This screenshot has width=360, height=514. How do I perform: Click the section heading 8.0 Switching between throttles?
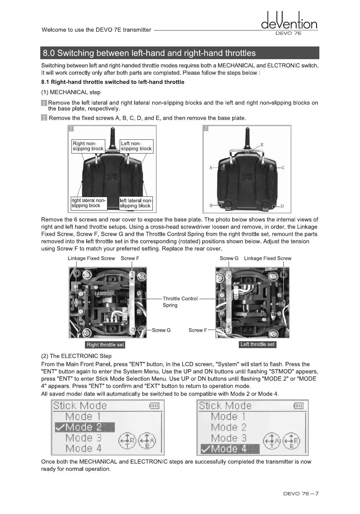coord(149,53)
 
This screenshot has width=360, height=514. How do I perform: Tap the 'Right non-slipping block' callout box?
coord(88,146)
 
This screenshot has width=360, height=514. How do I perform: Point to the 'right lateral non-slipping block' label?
coord(89,203)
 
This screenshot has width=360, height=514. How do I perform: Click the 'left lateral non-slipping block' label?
coord(136,203)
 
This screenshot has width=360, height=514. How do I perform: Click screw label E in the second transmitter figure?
coord(262,144)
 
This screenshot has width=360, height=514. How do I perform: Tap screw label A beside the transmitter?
coord(211,168)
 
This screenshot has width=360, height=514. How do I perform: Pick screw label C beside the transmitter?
coord(283,168)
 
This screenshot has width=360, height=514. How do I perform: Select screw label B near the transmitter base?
coord(211,205)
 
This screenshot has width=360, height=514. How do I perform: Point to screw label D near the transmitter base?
coord(282,206)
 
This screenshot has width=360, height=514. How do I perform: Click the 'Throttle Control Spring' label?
coord(180,302)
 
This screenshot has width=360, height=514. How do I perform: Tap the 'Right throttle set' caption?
coord(105,345)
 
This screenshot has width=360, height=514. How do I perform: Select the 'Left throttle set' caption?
coord(257,344)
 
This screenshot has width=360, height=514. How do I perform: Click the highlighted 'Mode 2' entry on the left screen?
coord(85,427)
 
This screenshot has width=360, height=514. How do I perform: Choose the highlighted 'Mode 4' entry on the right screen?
coord(230,449)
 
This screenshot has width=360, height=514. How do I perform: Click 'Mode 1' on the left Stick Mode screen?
coord(83,416)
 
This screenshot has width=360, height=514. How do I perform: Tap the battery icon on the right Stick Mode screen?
coord(298,406)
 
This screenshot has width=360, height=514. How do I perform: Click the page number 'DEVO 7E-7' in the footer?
coord(301,494)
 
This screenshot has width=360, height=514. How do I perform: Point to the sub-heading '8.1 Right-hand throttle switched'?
coord(113,82)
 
